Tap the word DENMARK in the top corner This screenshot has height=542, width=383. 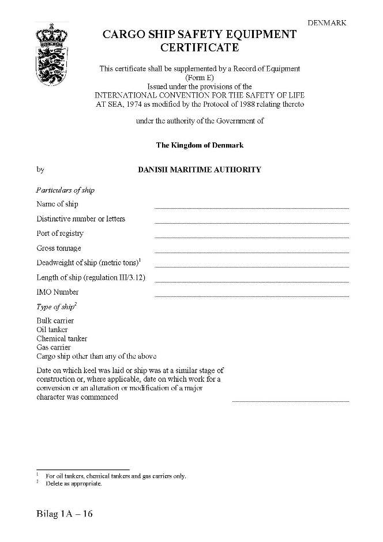click(326, 23)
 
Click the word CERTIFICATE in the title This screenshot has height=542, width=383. click(200, 48)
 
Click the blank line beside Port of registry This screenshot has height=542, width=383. click(251, 236)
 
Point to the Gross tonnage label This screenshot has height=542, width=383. click(59, 249)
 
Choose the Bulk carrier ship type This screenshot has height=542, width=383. click(55, 321)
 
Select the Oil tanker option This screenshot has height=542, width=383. click(52, 330)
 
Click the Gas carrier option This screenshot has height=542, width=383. click(54, 348)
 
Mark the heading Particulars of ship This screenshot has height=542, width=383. click(65, 190)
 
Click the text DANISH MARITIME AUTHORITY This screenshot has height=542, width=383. click(200, 170)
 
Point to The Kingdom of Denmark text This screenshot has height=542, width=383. click(200, 145)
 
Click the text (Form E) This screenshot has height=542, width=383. click(200, 77)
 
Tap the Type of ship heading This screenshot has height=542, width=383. click(56, 307)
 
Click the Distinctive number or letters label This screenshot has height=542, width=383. click(81, 219)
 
